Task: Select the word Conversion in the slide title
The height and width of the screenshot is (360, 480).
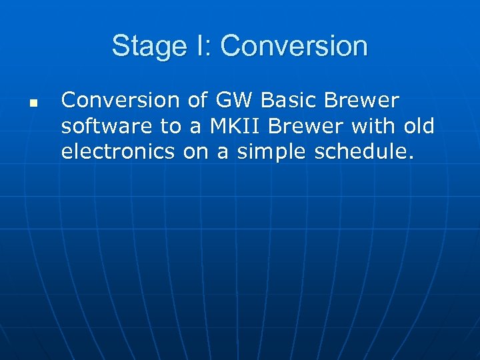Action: (x=294, y=46)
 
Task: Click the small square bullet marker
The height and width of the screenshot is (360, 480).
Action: (x=33, y=104)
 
